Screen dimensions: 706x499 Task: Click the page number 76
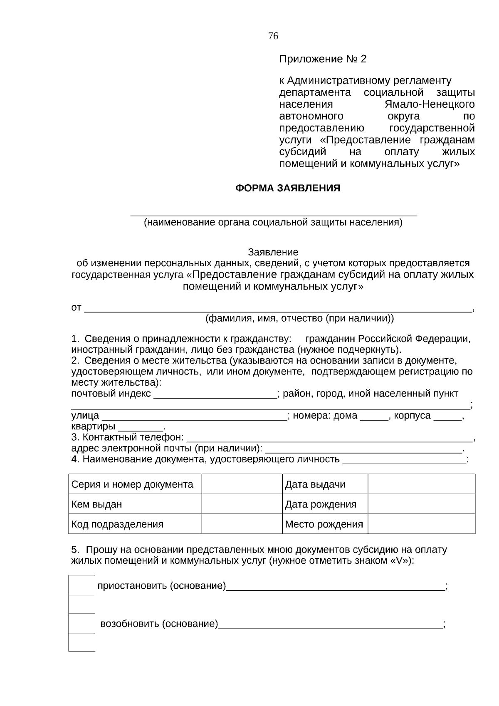coord(273,36)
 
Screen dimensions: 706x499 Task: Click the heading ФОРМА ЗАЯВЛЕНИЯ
coord(288,188)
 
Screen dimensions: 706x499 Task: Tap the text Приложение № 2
coord(323,59)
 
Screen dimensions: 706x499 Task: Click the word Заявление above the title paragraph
coord(273,252)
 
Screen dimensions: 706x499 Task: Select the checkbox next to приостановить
coord(82,585)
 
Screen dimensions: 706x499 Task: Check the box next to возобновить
coord(82,623)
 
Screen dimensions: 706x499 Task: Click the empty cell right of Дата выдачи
coord(421,484)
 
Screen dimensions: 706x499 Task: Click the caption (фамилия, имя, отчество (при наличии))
coord(299,319)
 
